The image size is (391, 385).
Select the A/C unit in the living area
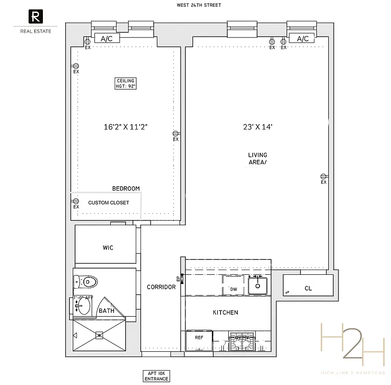[303, 39]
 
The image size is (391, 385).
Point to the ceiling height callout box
[126, 83]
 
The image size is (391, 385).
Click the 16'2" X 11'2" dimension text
[125, 127]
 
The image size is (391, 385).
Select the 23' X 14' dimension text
[258, 127]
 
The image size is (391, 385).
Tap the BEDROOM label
[126, 189]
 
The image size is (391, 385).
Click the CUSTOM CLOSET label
[108, 203]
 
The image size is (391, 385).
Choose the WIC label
[108, 247]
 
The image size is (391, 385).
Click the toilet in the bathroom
[87, 282]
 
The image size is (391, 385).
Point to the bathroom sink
[83, 306]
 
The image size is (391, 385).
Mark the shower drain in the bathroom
[99, 335]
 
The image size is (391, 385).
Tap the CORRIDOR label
[161, 287]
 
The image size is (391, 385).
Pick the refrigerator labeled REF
[199, 338]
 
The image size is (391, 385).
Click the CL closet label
[308, 289]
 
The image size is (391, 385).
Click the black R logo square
[36, 17]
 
